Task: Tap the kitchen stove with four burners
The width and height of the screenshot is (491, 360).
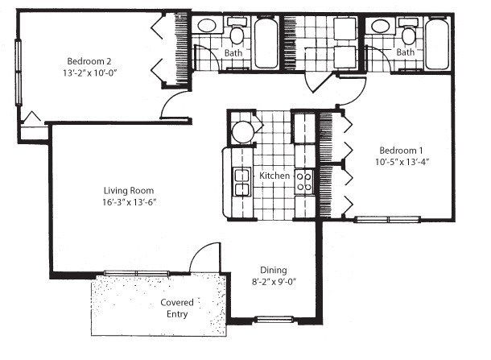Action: click(305, 180)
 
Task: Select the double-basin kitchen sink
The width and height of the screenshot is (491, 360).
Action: click(240, 182)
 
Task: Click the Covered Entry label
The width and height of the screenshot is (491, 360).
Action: click(175, 308)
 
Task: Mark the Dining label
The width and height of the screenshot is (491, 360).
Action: click(273, 271)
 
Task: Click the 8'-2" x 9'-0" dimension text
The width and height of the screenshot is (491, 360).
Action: click(273, 283)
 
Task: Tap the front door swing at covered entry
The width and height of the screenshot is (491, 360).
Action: click(201, 258)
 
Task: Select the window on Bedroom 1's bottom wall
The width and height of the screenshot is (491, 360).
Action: click(388, 218)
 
